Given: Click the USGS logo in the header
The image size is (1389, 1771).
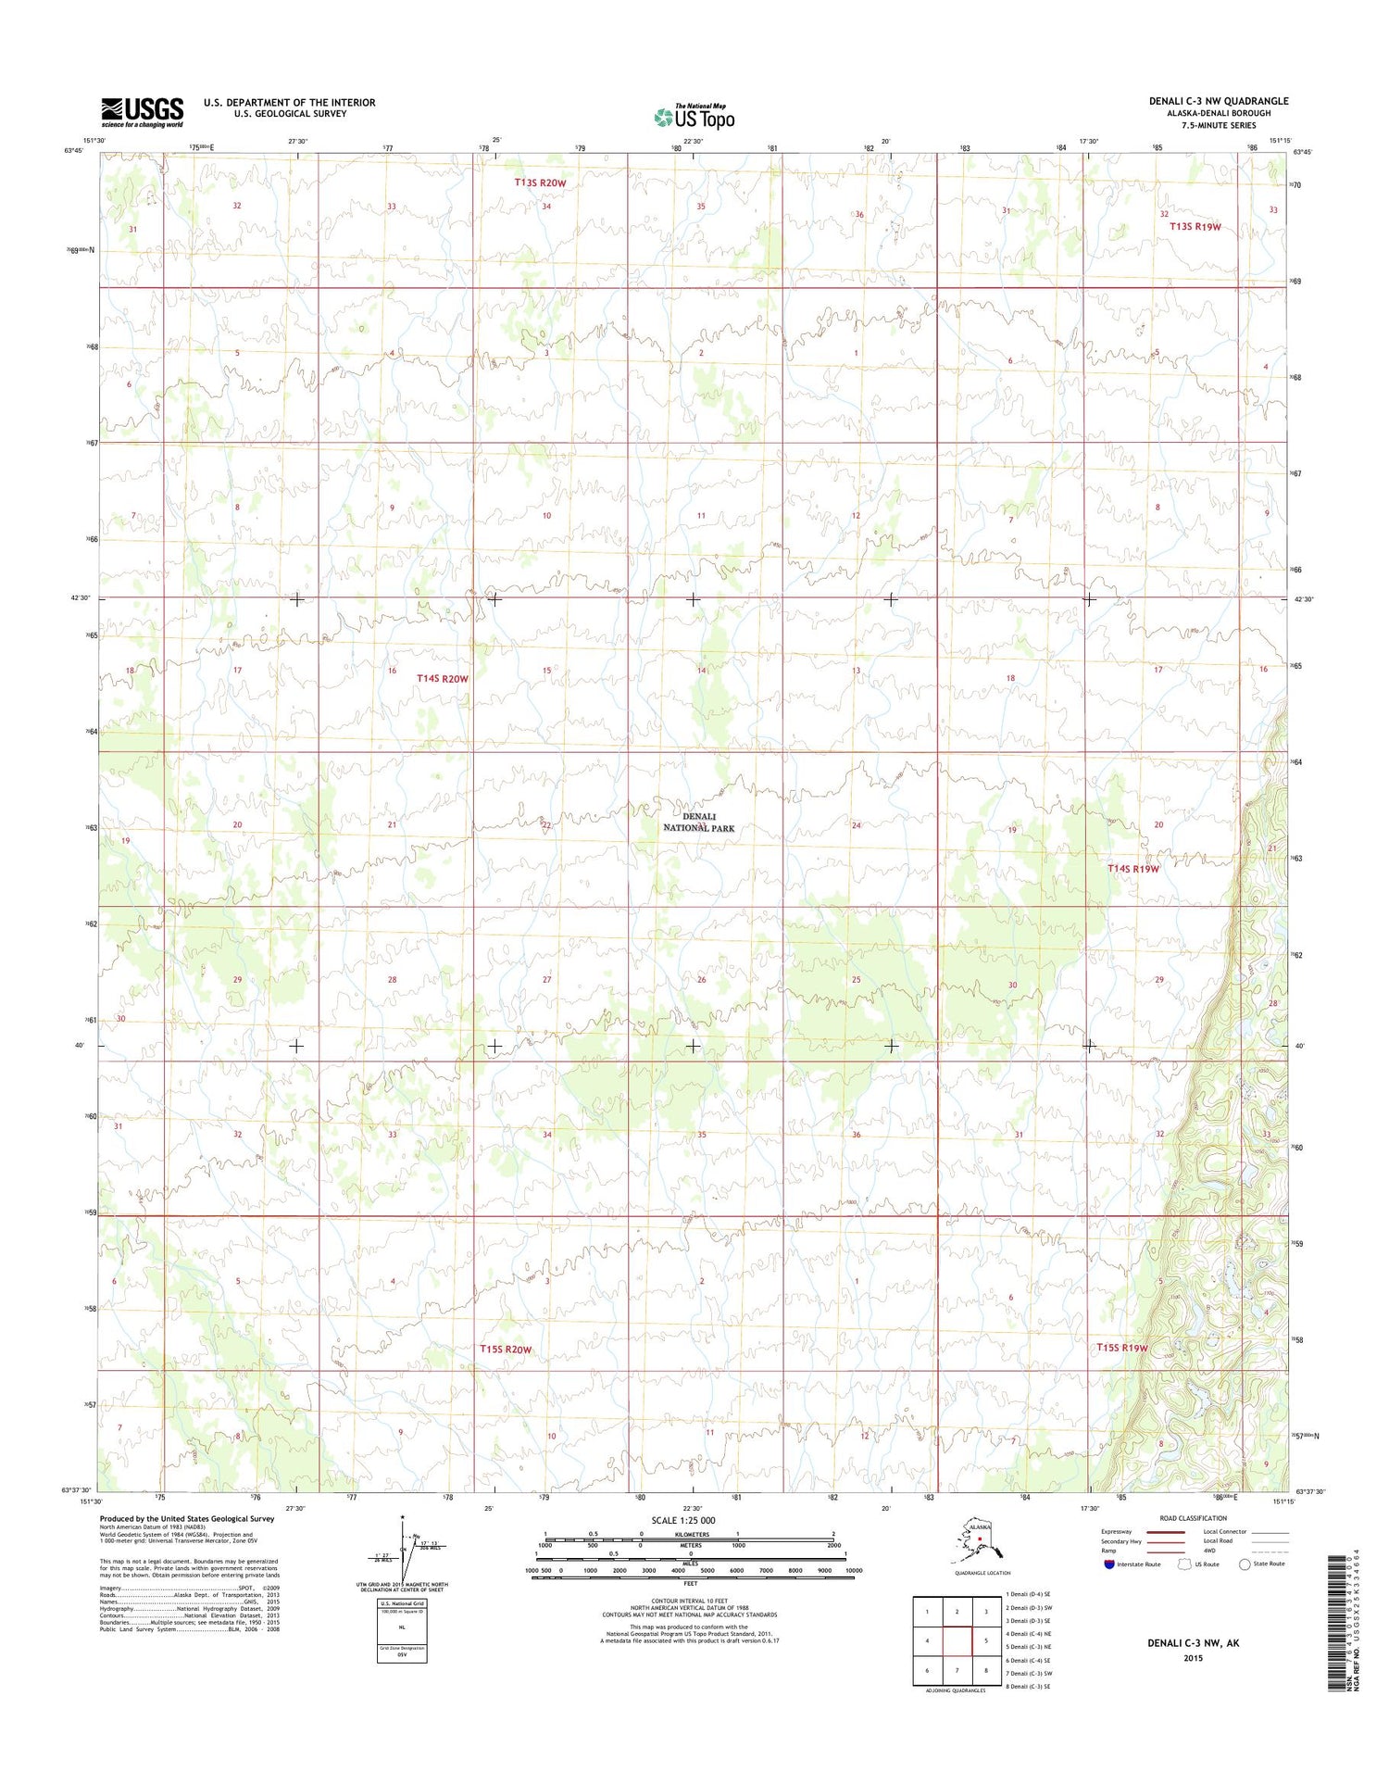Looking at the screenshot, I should (142, 112).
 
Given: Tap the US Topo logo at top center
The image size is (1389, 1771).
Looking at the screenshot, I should (694, 117).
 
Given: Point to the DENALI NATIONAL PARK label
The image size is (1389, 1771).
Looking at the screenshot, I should (699, 822).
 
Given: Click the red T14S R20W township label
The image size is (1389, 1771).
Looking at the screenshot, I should (443, 679).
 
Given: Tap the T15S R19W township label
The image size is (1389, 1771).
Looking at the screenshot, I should (1122, 1348).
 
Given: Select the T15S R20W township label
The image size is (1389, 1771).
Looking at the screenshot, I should (506, 1350).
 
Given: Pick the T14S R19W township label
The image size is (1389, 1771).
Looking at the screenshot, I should (1133, 869).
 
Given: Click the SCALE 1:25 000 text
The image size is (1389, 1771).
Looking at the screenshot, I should (682, 1521).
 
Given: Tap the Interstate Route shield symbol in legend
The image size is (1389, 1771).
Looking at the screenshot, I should (1109, 1564).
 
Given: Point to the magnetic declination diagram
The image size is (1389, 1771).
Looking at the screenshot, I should (403, 1550).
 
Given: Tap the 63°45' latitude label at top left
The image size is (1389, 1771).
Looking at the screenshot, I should (74, 150).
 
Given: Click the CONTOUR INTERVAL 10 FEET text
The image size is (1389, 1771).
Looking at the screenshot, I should (689, 1600).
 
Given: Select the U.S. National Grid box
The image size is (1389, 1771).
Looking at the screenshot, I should (402, 1630).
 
